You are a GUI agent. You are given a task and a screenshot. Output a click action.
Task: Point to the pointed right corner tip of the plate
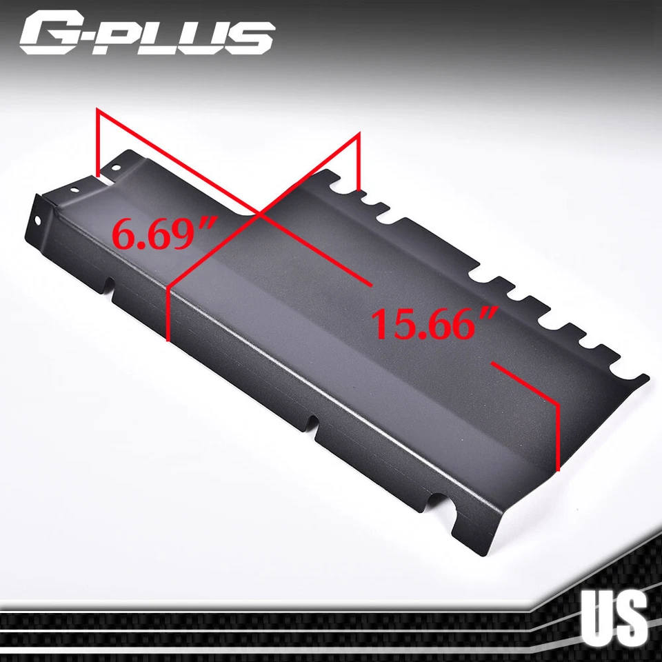pos(647,377)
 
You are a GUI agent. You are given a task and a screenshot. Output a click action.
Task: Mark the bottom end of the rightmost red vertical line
pos(558,468)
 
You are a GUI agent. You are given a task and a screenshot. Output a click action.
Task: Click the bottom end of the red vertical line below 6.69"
pos(169,339)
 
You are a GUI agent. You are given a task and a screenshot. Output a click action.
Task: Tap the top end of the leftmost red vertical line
pos(98,110)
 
